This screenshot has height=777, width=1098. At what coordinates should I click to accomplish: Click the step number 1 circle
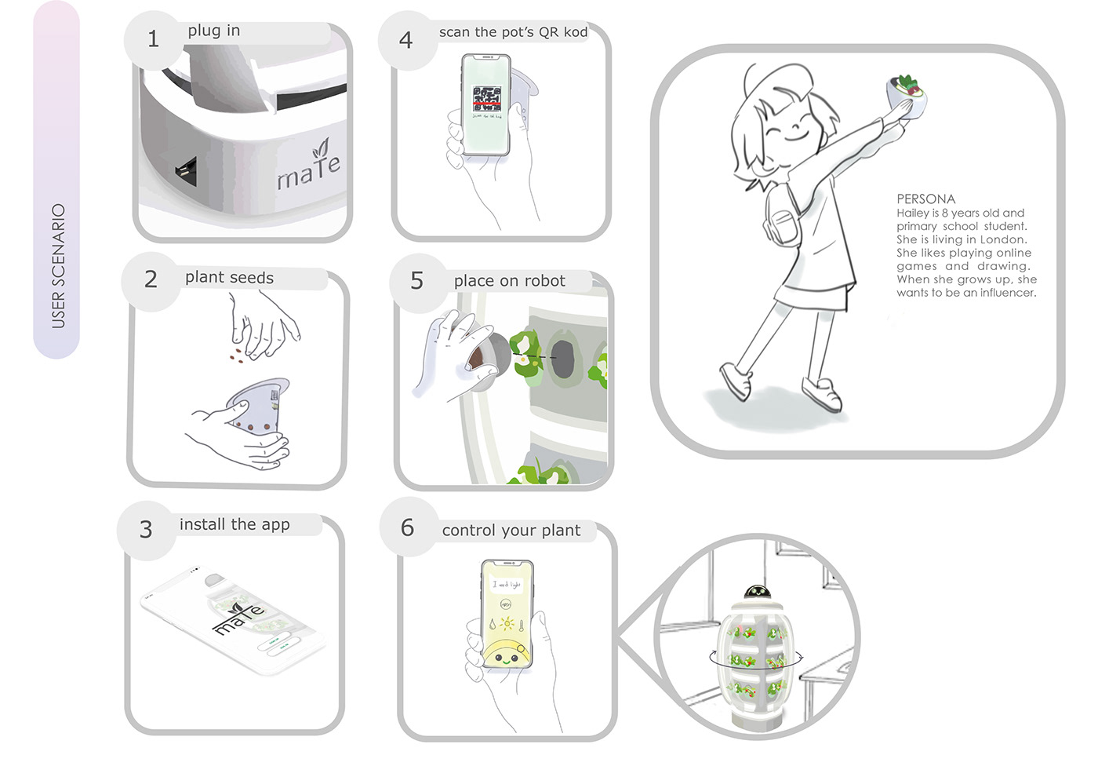coord(154,39)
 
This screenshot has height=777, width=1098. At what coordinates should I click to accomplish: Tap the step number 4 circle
coord(406,40)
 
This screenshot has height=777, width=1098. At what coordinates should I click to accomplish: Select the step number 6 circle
coord(408,527)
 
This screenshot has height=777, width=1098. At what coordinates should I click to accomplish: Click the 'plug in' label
coord(214,31)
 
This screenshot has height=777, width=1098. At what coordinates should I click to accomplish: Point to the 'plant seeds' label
coord(229,278)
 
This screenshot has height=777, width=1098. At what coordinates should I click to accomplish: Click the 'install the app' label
coord(235,524)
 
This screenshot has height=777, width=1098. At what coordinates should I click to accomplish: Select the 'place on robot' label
coord(509,281)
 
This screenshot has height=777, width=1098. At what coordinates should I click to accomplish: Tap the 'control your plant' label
coord(511,531)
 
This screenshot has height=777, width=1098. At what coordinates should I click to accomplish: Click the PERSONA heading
coord(925,199)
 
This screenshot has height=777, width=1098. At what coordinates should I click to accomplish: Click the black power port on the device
coord(187,168)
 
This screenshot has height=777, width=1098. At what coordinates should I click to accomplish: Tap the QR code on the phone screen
coord(486,97)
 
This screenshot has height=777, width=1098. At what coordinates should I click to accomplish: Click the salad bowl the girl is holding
coord(906,91)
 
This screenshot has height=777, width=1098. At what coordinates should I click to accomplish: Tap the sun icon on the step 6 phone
coord(507,624)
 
